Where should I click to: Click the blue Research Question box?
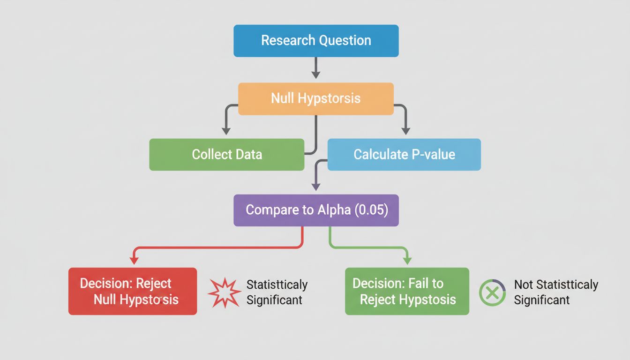tap(316, 41)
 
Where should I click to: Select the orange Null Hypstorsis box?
tap(316, 98)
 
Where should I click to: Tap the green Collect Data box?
tap(227, 154)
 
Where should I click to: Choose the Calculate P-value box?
tap(404, 154)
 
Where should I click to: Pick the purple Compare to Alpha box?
tap(316, 210)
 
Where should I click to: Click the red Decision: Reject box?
tap(133, 291)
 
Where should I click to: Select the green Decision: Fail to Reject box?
tap(407, 291)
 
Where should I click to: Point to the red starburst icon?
tap(224, 292)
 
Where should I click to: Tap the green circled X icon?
tap(492, 293)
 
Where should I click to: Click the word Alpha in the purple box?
tap(334, 210)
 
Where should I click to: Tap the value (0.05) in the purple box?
tap(372, 210)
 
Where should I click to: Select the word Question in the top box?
tap(345, 41)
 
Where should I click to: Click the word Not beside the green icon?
tap(523, 285)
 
